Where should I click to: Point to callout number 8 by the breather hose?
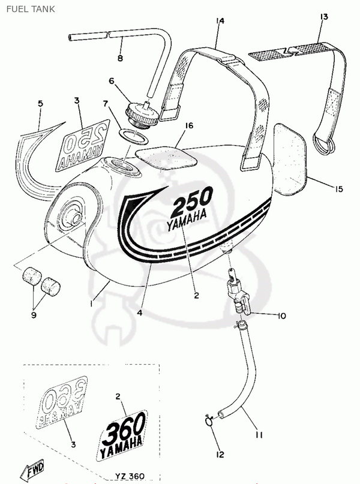(119, 58)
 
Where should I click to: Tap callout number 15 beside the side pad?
(338, 189)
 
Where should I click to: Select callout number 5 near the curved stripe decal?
(40, 103)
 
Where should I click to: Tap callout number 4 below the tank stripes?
(139, 312)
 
